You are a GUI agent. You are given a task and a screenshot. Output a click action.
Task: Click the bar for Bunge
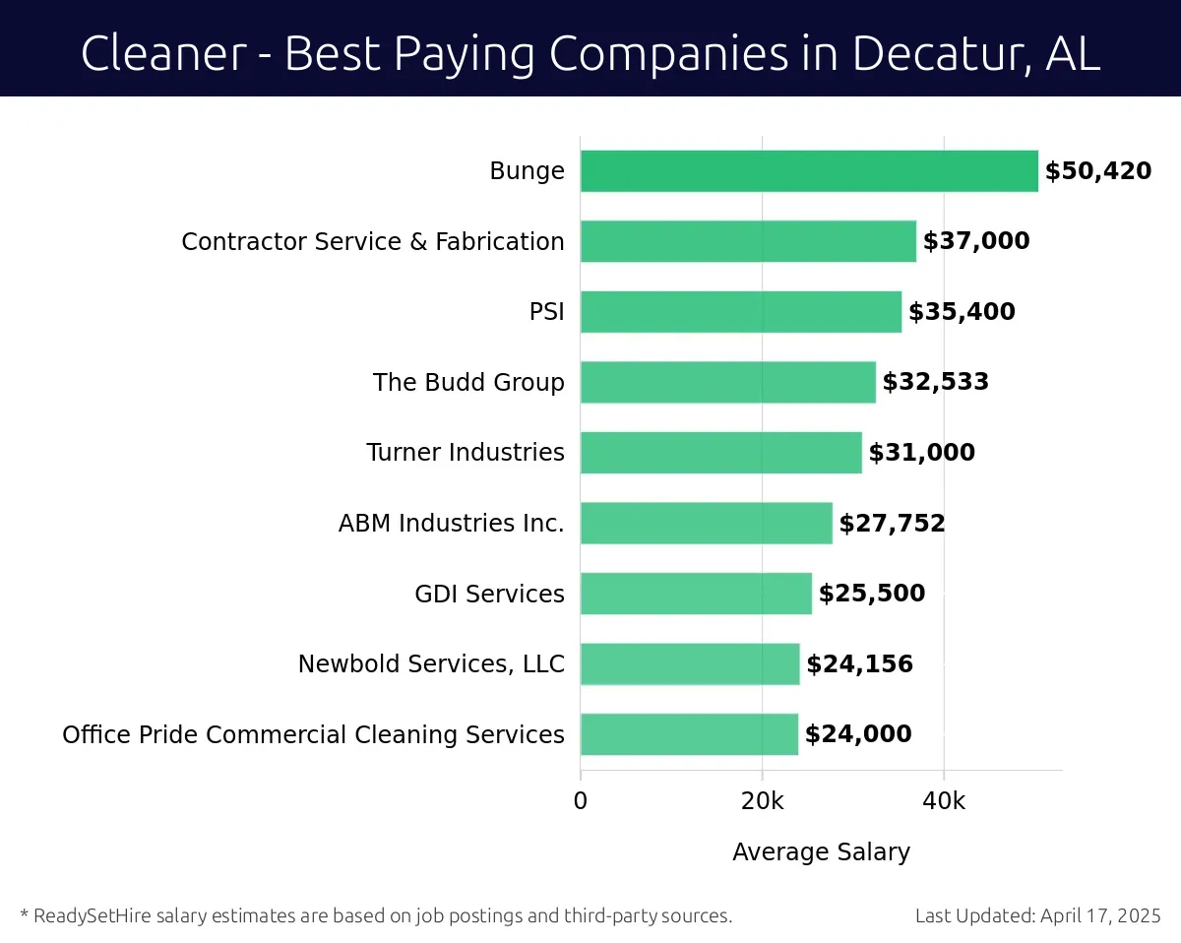pyautogui.click(x=809, y=171)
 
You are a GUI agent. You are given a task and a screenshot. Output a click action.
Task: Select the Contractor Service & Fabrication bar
pyautogui.click(x=748, y=241)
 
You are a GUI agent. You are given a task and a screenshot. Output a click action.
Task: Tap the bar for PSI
pyautogui.click(x=740, y=312)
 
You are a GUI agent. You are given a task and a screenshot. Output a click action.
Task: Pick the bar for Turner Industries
pyautogui.click(x=720, y=453)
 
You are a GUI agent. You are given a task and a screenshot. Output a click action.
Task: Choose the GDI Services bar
pyautogui.click(x=696, y=594)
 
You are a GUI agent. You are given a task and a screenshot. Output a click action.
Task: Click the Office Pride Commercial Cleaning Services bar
pyautogui.click(x=689, y=734)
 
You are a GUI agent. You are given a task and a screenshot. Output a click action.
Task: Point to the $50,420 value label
pyautogui.click(x=1097, y=171)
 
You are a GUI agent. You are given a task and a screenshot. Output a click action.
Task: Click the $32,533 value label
pyautogui.click(x=935, y=382)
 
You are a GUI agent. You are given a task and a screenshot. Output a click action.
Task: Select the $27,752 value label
pyautogui.click(x=892, y=523)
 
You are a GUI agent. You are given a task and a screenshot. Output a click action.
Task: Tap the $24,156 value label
pyautogui.click(x=859, y=664)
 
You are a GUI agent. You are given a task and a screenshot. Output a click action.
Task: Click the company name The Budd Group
pyautogui.click(x=468, y=382)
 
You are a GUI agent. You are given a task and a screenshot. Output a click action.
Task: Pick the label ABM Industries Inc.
pyautogui.click(x=451, y=523)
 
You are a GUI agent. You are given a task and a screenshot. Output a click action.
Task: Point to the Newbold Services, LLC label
pyautogui.click(x=431, y=664)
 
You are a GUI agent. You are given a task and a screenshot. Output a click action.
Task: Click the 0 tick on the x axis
pyautogui.click(x=581, y=801)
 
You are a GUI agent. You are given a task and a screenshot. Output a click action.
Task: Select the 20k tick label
pyautogui.click(x=762, y=801)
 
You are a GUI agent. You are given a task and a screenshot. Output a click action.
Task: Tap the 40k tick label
pyautogui.click(x=943, y=801)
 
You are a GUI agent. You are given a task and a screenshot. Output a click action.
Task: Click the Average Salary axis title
pyautogui.click(x=821, y=852)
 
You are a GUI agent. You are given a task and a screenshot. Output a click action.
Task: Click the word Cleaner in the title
pyautogui.click(x=162, y=53)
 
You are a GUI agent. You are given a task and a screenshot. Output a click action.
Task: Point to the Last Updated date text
pyautogui.click(x=1037, y=915)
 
